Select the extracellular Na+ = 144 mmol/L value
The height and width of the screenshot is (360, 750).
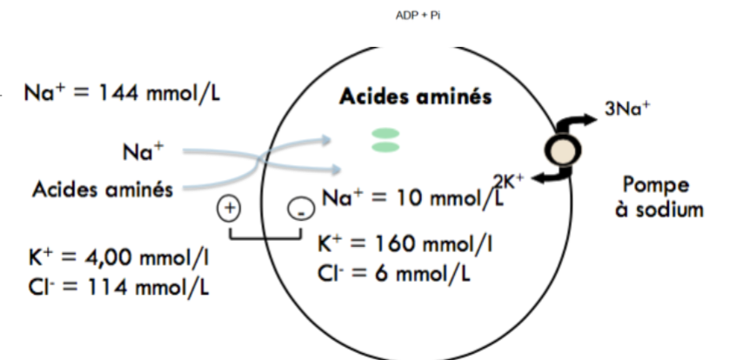click(x=122, y=93)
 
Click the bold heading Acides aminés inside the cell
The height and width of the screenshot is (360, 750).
click(x=414, y=96)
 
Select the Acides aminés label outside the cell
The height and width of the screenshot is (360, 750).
click(x=102, y=189)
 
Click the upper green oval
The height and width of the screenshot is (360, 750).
click(x=385, y=133)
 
